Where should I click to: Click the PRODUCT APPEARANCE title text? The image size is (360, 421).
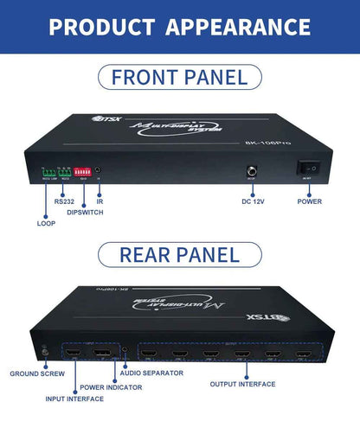(179, 26)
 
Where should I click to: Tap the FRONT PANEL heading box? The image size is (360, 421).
(179, 77)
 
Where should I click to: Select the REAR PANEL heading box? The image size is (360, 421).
(179, 254)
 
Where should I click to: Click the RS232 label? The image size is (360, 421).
(64, 201)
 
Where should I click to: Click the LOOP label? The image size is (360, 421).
(46, 223)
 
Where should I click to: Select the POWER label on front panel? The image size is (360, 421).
(310, 201)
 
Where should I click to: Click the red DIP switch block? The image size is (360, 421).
(83, 173)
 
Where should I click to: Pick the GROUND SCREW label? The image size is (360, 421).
(37, 374)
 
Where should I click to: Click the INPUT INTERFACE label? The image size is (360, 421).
(80, 399)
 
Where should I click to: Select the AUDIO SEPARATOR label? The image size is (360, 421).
(151, 373)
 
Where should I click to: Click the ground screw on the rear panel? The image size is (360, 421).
(44, 351)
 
